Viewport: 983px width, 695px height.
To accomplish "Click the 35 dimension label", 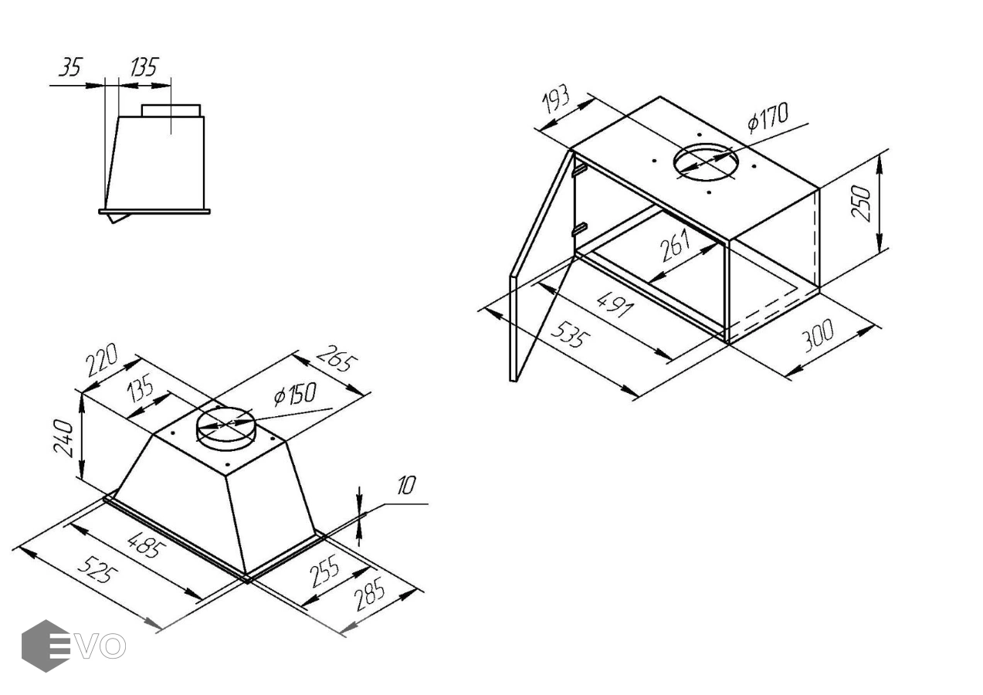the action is point(70,67).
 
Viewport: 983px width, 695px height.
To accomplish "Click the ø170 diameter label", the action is point(768,117).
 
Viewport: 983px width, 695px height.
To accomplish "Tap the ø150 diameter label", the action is point(294,394).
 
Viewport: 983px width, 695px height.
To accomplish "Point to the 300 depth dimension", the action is point(818,336).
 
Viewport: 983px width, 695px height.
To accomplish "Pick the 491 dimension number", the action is point(615,304).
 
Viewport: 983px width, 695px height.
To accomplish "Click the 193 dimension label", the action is point(556,99).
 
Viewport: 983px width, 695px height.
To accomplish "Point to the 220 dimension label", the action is point(101,360).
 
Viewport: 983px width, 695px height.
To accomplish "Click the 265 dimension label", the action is point(337,359).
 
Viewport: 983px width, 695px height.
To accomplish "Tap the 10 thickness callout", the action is point(406,486).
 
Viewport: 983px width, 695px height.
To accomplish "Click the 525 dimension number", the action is point(98,570).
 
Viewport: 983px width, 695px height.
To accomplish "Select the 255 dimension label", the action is point(325,571).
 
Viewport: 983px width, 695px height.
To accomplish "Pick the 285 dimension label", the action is point(370,595).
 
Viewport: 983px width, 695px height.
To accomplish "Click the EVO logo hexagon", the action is point(46,646).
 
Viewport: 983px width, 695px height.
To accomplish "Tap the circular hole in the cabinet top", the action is point(706,162).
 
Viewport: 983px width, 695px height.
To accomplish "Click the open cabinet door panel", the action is point(542,266).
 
